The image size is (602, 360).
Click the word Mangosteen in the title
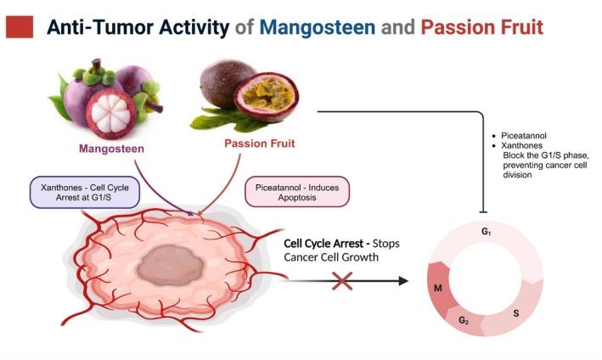click(318, 27)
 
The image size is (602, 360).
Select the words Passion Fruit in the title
click(475, 27)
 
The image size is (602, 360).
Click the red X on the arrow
click(342, 279)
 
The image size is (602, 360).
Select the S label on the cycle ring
click(516, 313)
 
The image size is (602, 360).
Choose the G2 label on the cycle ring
click(464, 321)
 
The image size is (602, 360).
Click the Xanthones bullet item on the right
click(522, 146)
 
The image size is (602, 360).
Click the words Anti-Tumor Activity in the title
click(138, 27)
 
